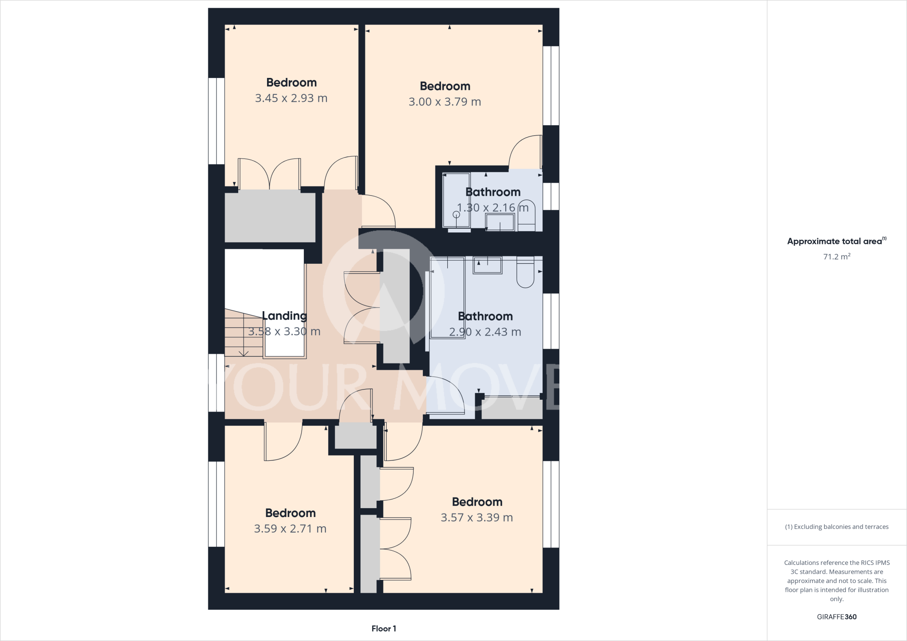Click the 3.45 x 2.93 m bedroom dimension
coord(291,98)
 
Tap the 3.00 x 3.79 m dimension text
coord(445,102)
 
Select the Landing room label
coord(284,316)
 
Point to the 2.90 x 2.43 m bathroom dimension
coord(485,332)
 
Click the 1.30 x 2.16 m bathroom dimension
coord(492,208)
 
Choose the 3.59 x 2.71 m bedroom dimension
coord(290,529)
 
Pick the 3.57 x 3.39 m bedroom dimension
coord(477,517)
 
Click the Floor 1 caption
coord(384,629)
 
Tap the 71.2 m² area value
coord(837,257)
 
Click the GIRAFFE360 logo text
coord(837,617)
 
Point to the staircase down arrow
coord(244,353)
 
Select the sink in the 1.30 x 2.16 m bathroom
coord(500,222)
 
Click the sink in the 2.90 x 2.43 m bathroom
coord(488,265)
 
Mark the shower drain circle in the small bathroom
coord(456,215)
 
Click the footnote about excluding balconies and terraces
coord(837,527)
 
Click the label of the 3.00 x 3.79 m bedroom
coord(445,86)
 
